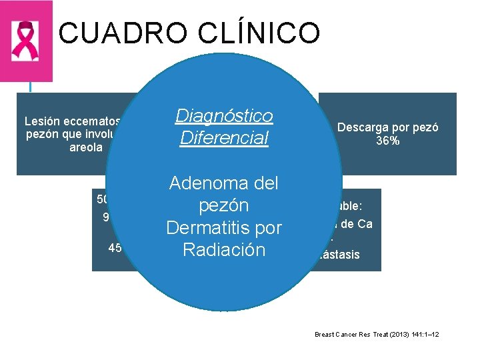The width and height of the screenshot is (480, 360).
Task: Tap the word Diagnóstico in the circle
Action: coord(224,116)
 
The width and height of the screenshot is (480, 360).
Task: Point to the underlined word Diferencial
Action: coord(224,138)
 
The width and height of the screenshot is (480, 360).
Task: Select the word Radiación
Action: coord(224,250)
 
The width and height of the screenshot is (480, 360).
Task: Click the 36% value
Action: coord(387,140)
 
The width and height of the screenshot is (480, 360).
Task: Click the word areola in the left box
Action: coord(86,147)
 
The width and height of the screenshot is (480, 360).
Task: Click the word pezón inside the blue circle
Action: coord(224,205)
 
